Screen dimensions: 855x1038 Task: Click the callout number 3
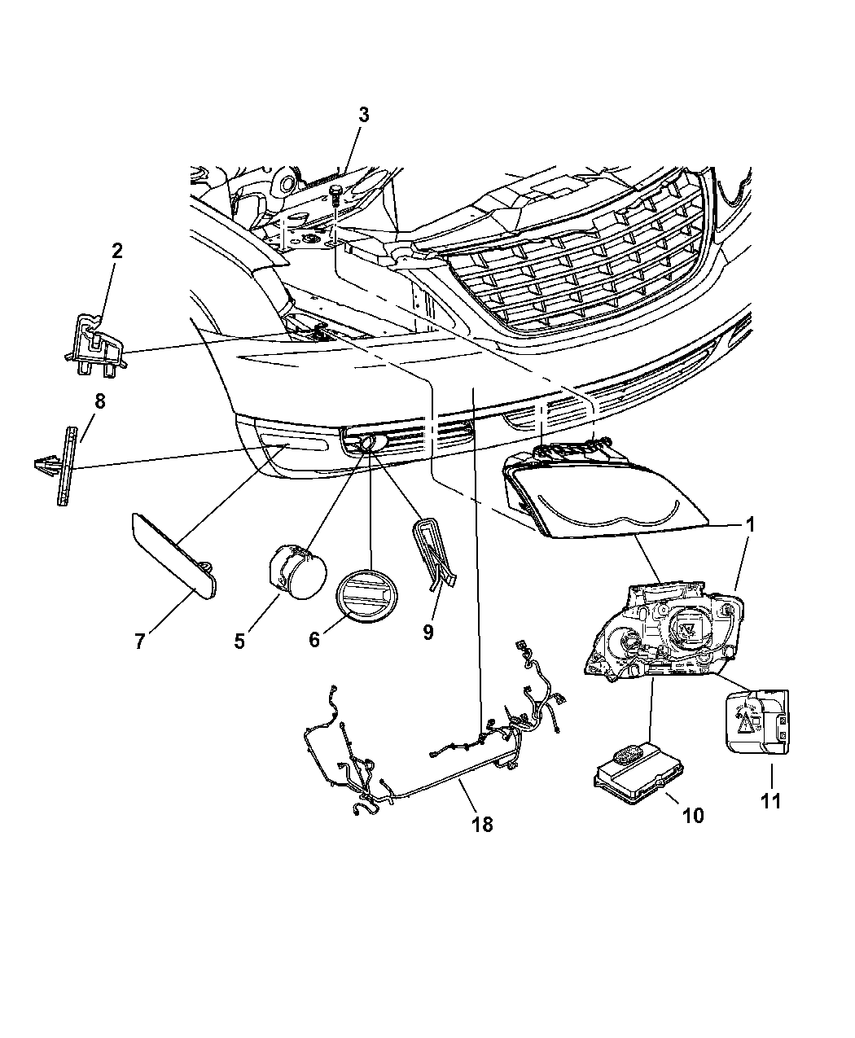pyautogui.click(x=364, y=116)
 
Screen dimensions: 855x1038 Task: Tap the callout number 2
pyautogui.click(x=117, y=251)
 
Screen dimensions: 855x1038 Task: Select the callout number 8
pyautogui.click(x=100, y=401)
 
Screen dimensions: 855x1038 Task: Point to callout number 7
pyautogui.click(x=140, y=642)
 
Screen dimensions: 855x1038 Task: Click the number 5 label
pyautogui.click(x=239, y=642)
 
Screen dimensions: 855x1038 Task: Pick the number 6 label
pyautogui.click(x=313, y=639)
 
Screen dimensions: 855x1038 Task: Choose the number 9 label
pyautogui.click(x=428, y=632)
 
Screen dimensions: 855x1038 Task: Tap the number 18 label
pyautogui.click(x=482, y=825)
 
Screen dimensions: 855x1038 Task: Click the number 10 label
pyautogui.click(x=693, y=815)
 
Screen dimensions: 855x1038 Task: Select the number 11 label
pyautogui.click(x=771, y=801)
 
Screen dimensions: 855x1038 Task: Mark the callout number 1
pyautogui.click(x=750, y=524)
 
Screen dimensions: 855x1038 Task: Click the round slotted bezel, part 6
pyautogui.click(x=366, y=596)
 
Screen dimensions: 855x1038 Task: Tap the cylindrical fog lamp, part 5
pyautogui.click(x=297, y=572)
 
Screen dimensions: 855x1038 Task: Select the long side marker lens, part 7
pyautogui.click(x=174, y=556)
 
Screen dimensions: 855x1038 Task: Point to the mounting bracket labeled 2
pyautogui.click(x=96, y=346)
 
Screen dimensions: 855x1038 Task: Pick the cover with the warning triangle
pyautogui.click(x=756, y=727)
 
